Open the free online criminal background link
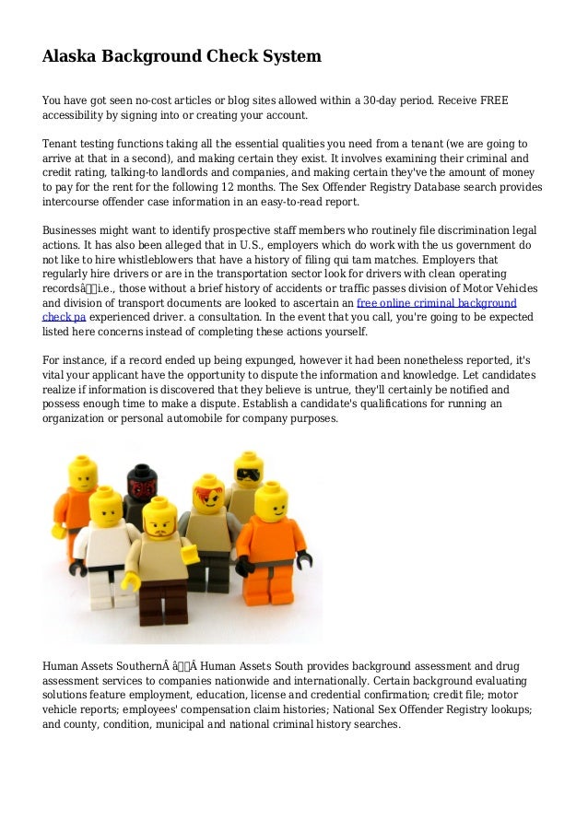436,302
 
